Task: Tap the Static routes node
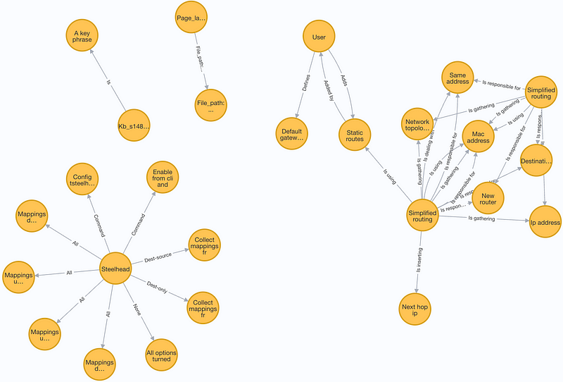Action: tap(355, 132)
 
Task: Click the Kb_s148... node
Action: tap(134, 127)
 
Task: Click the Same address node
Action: tap(458, 78)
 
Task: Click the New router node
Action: tap(488, 198)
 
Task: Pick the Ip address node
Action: tap(545, 223)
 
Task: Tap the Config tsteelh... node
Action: tap(83, 179)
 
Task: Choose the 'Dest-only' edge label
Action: tap(157, 287)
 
